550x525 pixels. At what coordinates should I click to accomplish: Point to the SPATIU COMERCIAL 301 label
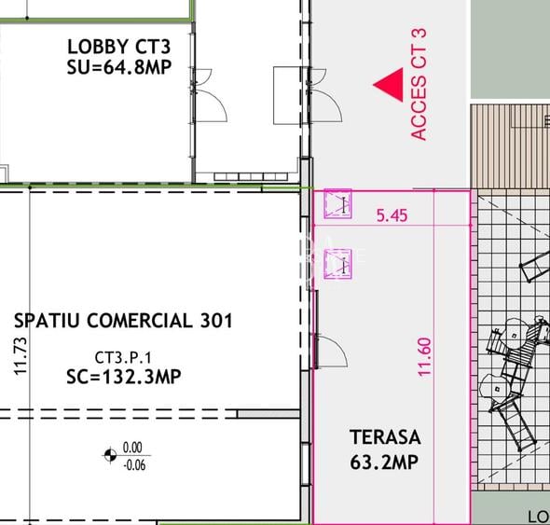(x=124, y=322)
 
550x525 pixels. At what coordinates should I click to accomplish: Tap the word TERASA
(x=385, y=436)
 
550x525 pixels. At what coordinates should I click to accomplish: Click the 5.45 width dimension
(x=392, y=215)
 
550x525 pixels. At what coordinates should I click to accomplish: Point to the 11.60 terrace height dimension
(x=426, y=356)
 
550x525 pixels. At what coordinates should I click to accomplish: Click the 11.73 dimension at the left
(x=21, y=357)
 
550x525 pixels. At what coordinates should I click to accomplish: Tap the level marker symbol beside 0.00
(x=111, y=455)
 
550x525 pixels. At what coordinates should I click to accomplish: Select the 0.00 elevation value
(x=135, y=448)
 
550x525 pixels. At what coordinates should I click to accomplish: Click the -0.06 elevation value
(x=135, y=464)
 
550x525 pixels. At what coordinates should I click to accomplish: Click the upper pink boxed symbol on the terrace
(x=337, y=204)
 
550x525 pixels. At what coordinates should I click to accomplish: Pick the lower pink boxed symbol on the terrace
(x=337, y=263)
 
